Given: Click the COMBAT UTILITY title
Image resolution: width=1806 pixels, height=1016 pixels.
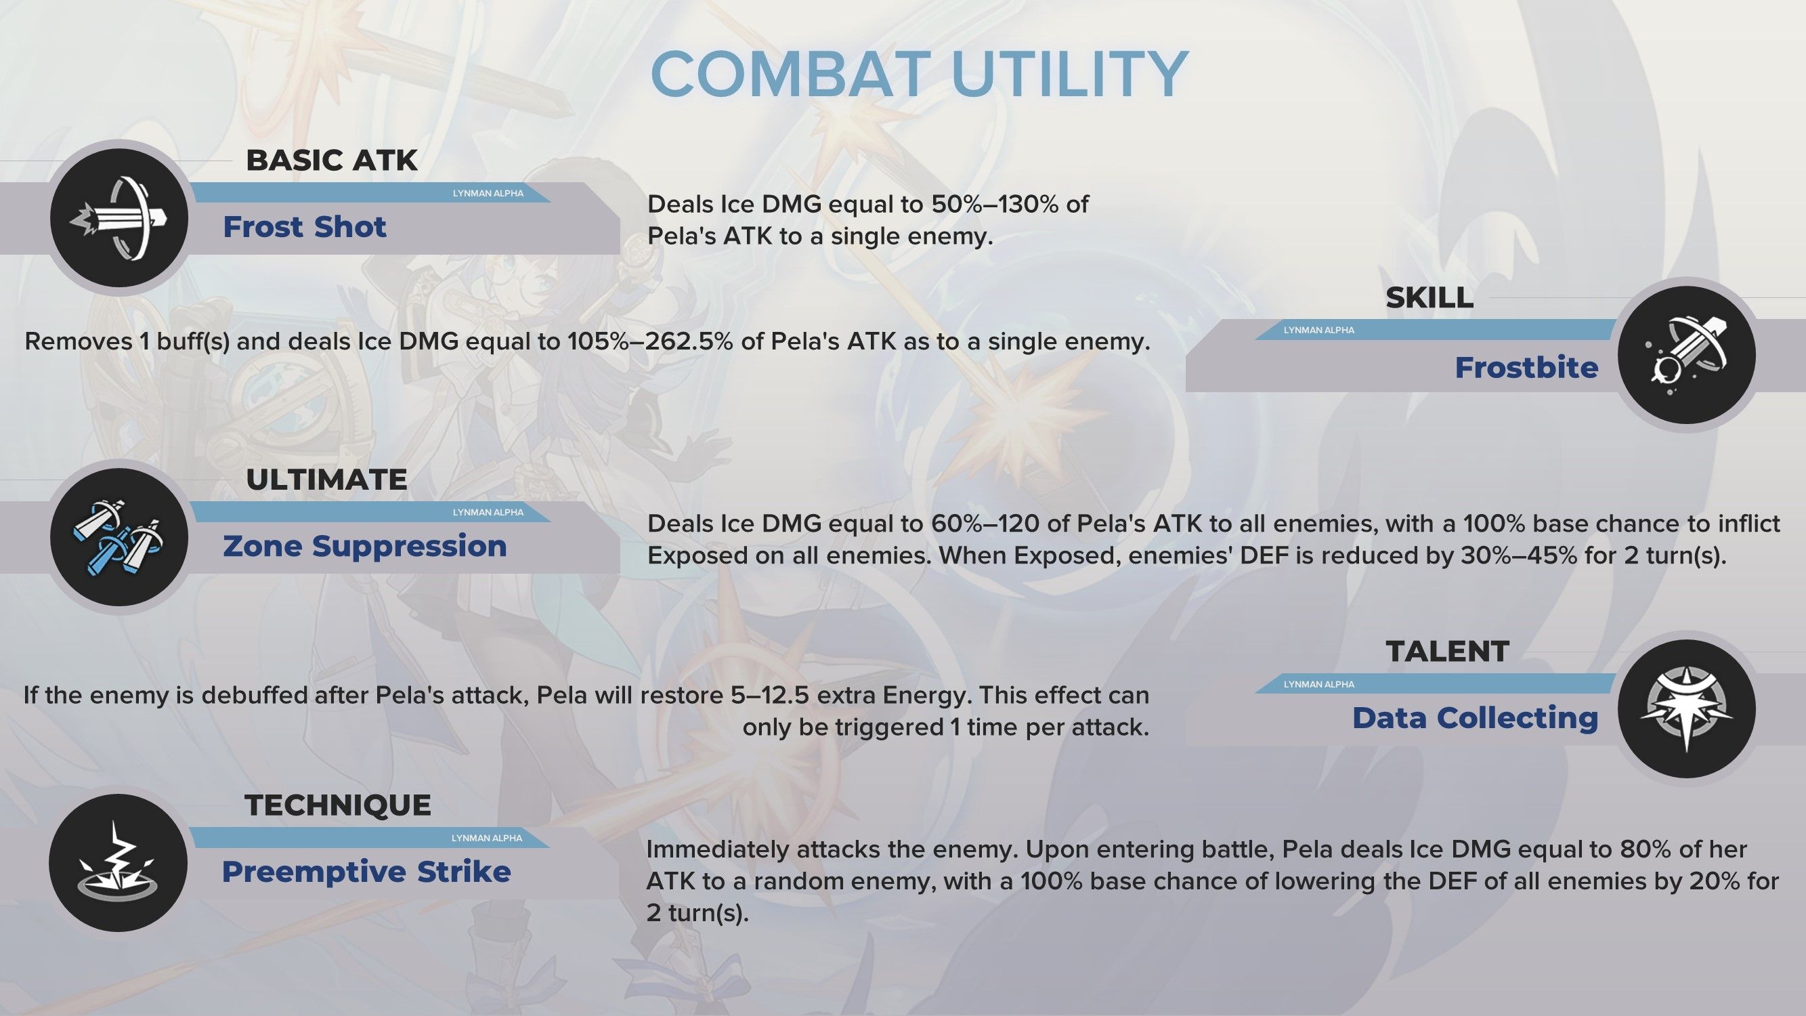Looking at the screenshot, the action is point(919,74).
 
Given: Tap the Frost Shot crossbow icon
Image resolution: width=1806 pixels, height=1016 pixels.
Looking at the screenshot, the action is point(119,217).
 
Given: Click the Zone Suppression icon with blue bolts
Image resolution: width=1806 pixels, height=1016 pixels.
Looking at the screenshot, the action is point(119,537).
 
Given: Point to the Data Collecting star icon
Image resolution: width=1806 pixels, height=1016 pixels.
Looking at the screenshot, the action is point(1687,708).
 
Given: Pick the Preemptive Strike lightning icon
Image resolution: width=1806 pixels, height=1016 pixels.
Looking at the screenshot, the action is point(119,862).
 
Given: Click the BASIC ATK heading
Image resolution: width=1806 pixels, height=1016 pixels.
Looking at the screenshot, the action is point(332,161).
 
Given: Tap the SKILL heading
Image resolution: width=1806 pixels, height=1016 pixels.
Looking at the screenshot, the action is point(1429,298).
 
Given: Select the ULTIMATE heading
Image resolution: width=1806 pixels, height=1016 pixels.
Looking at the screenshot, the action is point(326,480).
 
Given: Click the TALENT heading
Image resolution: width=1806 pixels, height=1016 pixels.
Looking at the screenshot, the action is point(1447,652).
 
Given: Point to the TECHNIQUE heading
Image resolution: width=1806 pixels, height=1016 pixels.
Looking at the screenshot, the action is point(338,805).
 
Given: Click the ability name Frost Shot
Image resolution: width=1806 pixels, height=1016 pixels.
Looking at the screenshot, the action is point(304,226).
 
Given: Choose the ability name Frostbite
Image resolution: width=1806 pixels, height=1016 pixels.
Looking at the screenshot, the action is point(1526,367).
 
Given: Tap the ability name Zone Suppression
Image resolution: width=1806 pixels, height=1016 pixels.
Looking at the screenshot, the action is point(364,545).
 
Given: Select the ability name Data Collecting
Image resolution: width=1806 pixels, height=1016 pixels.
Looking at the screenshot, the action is point(1475,718).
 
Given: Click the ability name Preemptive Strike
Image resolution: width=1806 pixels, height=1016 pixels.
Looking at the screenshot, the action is point(366,872).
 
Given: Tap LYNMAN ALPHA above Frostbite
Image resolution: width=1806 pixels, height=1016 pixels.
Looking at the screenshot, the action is point(1318,331).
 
